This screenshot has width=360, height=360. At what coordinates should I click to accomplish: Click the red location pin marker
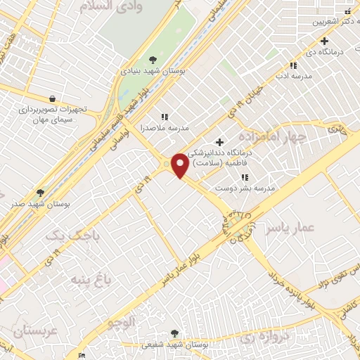click(x=180, y=165)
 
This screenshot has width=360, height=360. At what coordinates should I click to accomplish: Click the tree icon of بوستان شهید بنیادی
click(x=153, y=60)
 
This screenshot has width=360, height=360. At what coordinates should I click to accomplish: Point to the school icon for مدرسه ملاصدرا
click(x=165, y=117)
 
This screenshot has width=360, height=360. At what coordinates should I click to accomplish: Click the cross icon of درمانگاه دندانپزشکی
click(x=220, y=143)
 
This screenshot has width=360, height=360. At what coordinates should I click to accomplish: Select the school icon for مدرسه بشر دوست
click(x=245, y=177)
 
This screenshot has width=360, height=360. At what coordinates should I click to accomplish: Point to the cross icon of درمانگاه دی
click(x=324, y=40)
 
